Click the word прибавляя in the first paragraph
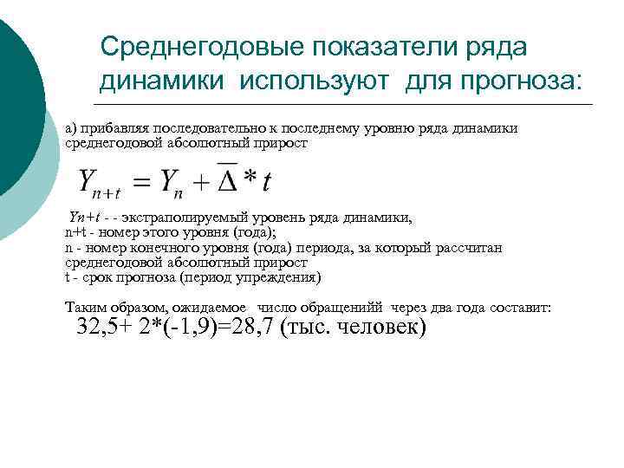(x=112, y=128)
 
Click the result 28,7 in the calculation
(x=250, y=328)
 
